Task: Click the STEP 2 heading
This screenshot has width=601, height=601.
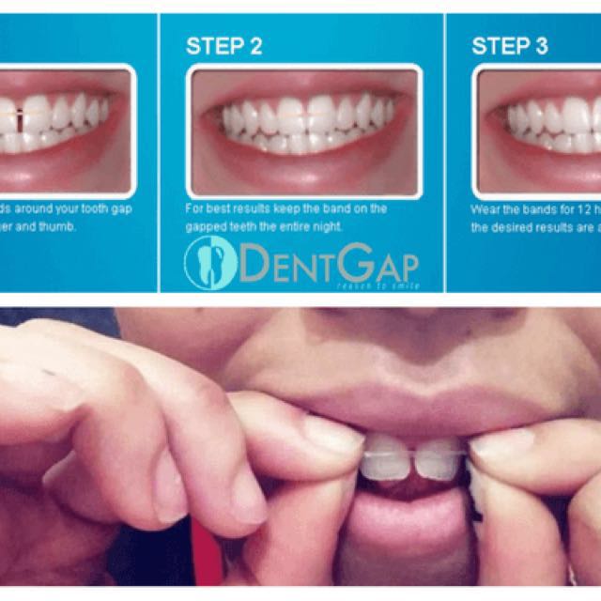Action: click(x=223, y=46)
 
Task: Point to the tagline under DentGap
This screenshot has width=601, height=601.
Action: click(x=381, y=285)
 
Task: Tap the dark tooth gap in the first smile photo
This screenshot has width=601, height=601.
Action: click(x=20, y=120)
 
